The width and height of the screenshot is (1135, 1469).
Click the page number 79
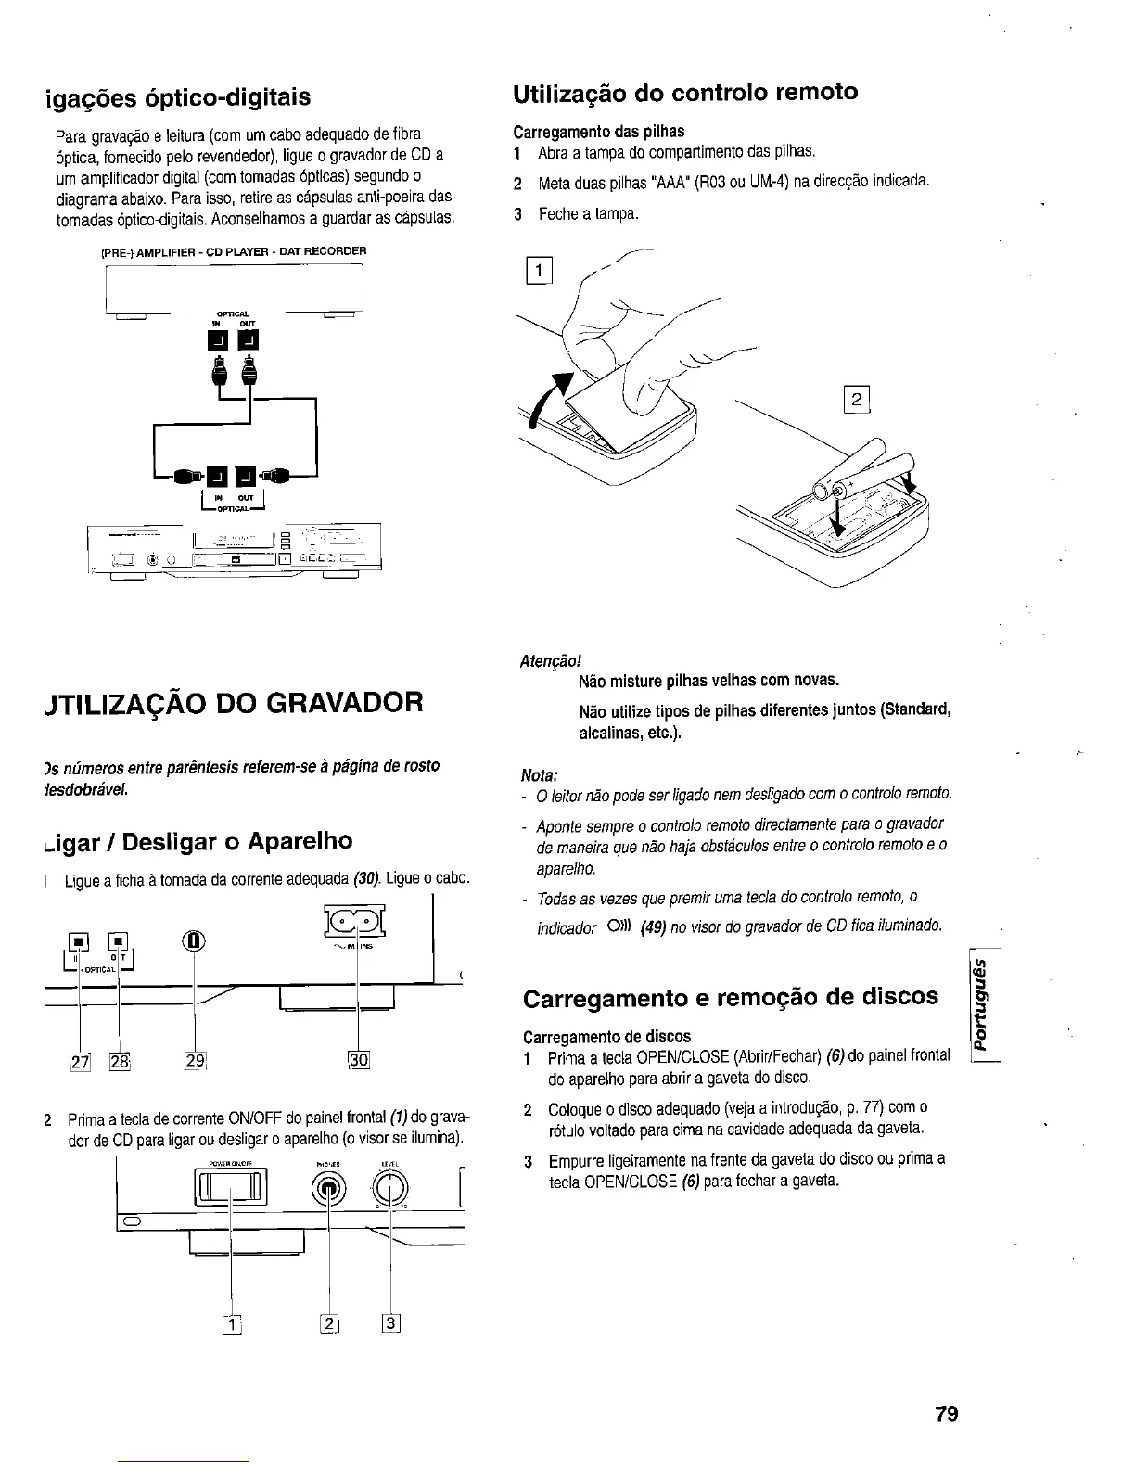[x=945, y=1413]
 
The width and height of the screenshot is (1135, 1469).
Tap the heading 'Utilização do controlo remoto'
[x=685, y=93]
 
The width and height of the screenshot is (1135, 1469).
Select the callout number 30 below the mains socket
[x=358, y=1060]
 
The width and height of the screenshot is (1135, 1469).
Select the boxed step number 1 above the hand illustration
[x=539, y=272]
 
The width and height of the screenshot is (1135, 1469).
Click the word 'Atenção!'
[x=550, y=660]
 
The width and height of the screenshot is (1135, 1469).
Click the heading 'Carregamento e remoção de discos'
[x=731, y=997]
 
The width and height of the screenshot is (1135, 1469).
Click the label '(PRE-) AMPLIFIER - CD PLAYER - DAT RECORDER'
[x=233, y=251]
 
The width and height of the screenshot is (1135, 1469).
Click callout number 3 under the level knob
[x=390, y=1323]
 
